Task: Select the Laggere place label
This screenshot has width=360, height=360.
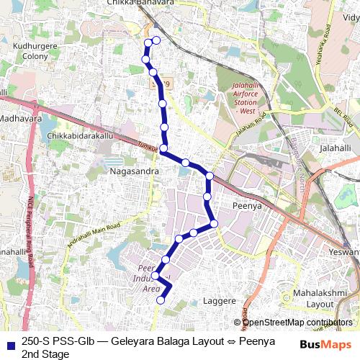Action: pyautogui.click(x=220, y=300)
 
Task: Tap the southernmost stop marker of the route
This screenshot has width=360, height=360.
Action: pyautogui.click(x=161, y=302)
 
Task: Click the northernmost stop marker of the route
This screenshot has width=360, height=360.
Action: pyautogui.click(x=156, y=41)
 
